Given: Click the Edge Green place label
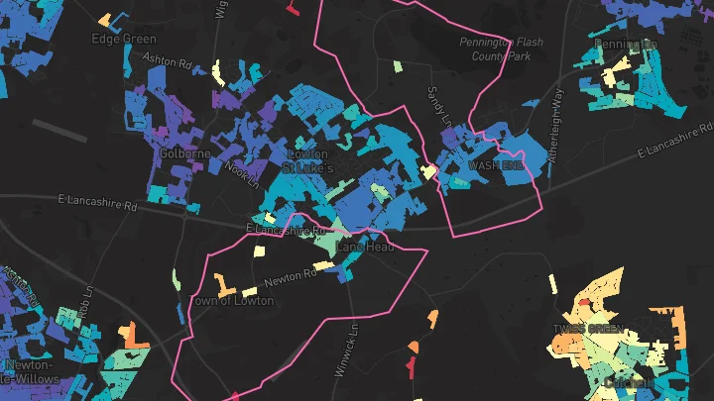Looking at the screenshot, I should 124,40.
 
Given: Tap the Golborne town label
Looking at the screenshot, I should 183,154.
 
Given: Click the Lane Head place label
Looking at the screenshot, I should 365,246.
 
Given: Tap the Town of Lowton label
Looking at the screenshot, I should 231,300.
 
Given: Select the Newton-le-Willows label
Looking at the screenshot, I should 30,371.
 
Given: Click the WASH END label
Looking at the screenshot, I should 495,165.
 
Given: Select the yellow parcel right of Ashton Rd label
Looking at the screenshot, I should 217,71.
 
